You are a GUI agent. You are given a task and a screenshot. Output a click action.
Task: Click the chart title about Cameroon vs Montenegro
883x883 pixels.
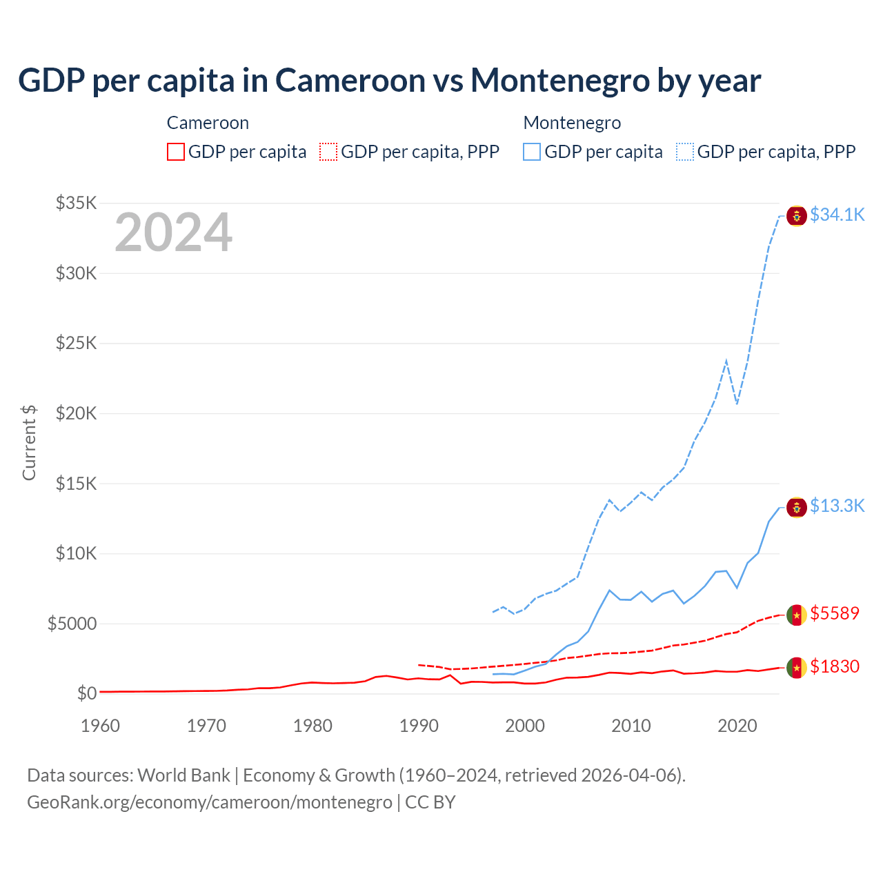click(x=389, y=81)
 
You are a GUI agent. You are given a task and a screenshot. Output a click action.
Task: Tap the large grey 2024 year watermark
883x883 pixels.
click(x=173, y=232)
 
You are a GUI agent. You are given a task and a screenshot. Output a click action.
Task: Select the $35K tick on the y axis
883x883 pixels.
click(x=77, y=203)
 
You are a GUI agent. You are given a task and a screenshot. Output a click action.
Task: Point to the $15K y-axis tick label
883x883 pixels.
click(x=77, y=483)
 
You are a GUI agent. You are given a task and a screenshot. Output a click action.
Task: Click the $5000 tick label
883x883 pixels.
click(x=72, y=624)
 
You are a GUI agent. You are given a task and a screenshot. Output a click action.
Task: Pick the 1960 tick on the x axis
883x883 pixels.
click(x=101, y=726)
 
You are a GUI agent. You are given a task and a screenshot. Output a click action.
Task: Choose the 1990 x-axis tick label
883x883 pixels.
click(x=419, y=726)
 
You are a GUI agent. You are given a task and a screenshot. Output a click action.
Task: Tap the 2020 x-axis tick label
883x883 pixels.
click(x=737, y=726)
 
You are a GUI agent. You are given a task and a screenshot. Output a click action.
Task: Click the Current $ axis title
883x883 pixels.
click(x=29, y=443)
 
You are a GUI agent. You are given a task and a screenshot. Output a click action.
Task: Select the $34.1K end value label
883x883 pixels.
click(x=837, y=215)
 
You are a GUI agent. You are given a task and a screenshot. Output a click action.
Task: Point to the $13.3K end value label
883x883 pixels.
click(x=837, y=506)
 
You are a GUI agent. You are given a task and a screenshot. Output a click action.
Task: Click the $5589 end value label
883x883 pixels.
click(x=835, y=613)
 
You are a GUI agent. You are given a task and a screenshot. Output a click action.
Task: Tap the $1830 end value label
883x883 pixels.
click(x=835, y=666)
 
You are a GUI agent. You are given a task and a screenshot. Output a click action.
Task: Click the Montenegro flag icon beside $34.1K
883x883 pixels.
click(x=797, y=216)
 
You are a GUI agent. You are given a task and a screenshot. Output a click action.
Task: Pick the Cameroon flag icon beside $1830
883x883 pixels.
click(x=797, y=668)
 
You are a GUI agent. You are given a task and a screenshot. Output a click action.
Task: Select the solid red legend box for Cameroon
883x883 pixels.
click(x=176, y=152)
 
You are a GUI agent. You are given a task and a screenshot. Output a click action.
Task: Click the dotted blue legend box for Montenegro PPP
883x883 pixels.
click(x=685, y=152)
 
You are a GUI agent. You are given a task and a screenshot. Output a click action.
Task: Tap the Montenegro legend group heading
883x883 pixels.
click(x=572, y=123)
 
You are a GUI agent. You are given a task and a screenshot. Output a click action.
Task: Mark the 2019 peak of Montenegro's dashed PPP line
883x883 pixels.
click(x=726, y=361)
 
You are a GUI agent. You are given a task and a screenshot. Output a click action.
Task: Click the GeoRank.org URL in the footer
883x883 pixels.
click(x=210, y=802)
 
